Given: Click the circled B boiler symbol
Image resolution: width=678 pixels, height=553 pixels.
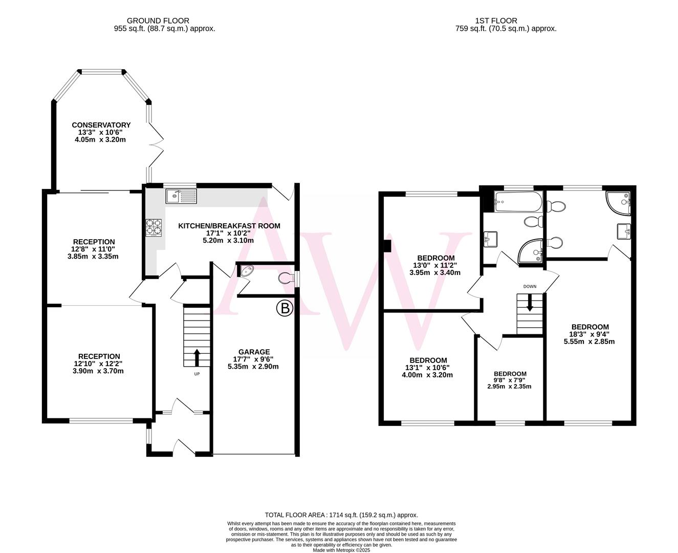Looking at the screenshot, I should (285, 308).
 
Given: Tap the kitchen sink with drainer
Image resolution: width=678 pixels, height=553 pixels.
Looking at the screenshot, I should (181, 195).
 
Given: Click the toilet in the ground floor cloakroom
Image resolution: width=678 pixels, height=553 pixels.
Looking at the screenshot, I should (287, 279).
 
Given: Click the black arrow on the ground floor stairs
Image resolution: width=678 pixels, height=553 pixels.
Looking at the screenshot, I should (196, 357).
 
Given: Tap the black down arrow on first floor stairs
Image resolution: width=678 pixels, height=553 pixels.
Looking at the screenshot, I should (530, 303).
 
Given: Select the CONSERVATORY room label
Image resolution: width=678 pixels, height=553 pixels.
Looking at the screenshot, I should (101, 125).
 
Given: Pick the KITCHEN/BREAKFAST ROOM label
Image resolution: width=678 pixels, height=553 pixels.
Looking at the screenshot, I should (229, 226).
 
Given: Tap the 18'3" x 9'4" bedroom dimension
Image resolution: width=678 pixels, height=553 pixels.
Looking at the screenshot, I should (589, 334).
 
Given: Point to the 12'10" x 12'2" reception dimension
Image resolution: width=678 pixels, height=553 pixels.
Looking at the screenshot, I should (99, 364).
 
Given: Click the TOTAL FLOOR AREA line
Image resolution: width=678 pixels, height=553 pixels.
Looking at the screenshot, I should (341, 515).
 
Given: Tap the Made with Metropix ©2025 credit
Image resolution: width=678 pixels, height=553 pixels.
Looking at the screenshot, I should (341, 550).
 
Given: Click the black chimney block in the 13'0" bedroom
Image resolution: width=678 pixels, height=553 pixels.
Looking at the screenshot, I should (387, 246).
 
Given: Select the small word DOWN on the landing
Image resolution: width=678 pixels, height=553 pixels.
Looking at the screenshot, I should (530, 286).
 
